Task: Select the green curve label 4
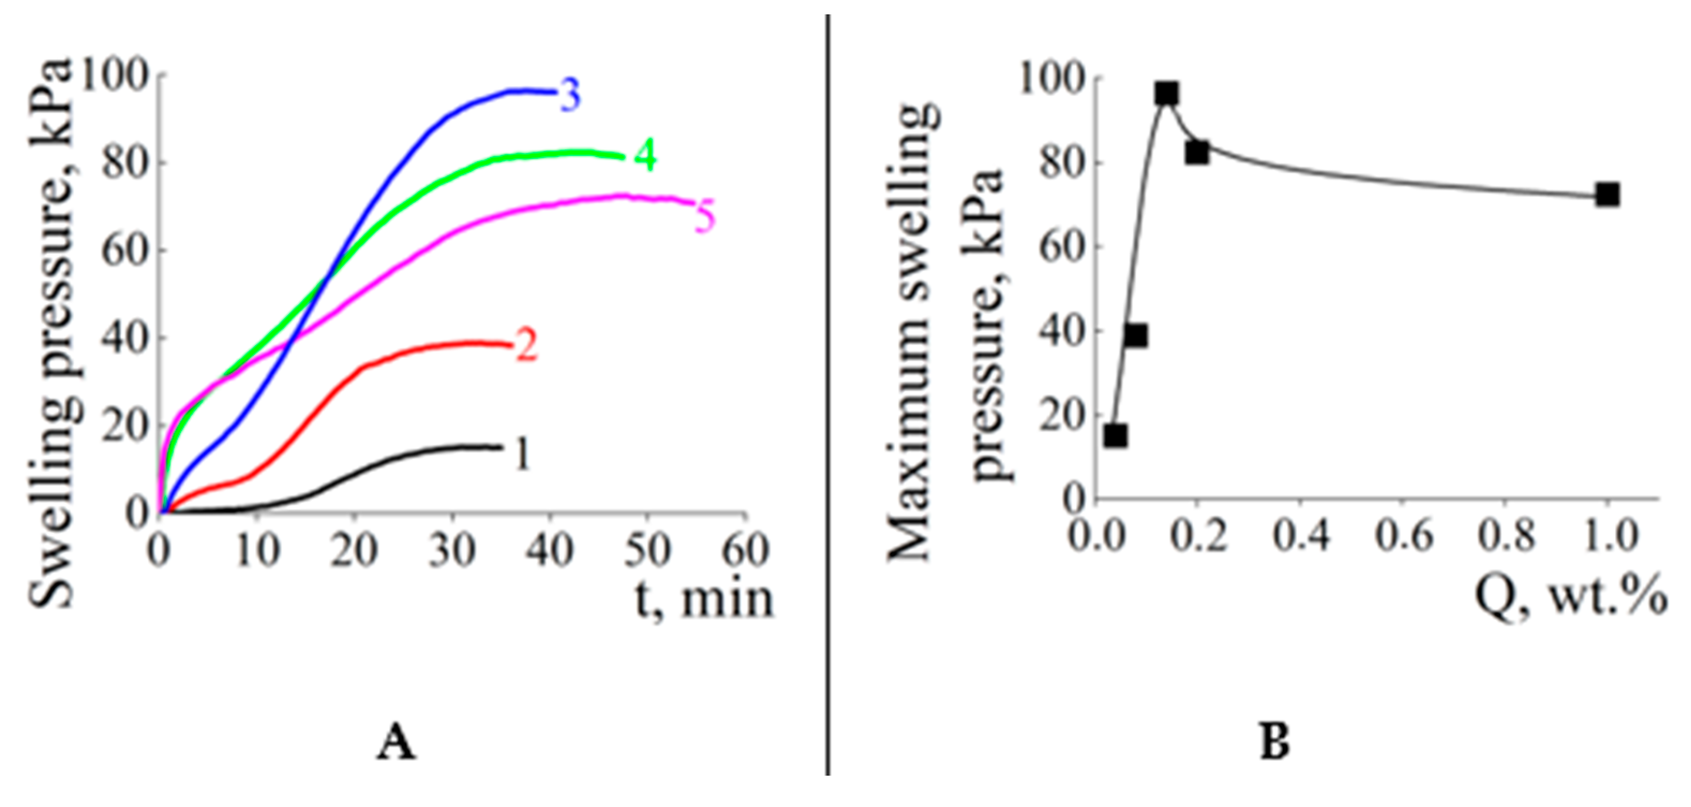pyautogui.click(x=645, y=158)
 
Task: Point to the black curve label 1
pyautogui.click(x=522, y=454)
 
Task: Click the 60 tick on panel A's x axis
pyautogui.click(x=744, y=550)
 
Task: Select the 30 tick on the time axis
pyautogui.click(x=452, y=550)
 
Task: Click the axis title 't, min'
pyautogui.click(x=705, y=600)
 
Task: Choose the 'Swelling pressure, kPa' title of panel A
pyautogui.click(x=51, y=335)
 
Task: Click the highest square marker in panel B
pyautogui.click(x=1166, y=94)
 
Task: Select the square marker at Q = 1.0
pyautogui.click(x=1607, y=195)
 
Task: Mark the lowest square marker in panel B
pyautogui.click(x=1116, y=435)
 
